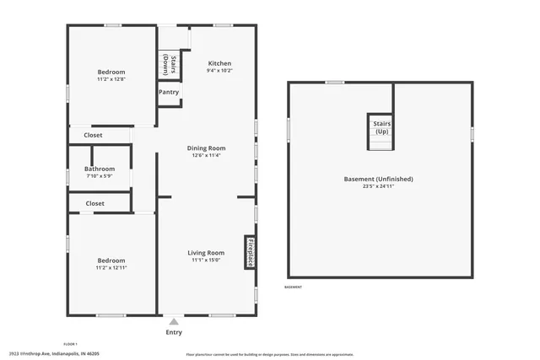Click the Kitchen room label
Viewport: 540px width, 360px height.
click(x=219, y=63)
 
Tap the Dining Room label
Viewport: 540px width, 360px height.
click(x=206, y=148)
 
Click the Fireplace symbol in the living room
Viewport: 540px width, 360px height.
click(x=250, y=251)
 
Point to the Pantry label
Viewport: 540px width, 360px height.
click(x=169, y=92)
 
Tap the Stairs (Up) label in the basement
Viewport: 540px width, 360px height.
click(x=381, y=127)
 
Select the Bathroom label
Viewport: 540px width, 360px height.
click(x=100, y=169)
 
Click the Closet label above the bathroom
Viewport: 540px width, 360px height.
click(x=94, y=135)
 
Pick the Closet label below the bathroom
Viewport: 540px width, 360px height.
click(x=94, y=203)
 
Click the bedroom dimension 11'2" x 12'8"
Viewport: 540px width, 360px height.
click(x=111, y=80)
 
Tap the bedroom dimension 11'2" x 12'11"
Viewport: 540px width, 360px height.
click(x=111, y=268)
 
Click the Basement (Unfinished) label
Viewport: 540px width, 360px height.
click(x=380, y=179)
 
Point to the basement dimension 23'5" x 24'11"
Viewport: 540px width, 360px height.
click(x=380, y=186)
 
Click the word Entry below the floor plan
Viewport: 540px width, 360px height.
click(x=174, y=332)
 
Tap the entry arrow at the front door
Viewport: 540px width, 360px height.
click(x=174, y=320)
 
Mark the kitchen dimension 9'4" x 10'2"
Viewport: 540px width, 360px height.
click(x=219, y=71)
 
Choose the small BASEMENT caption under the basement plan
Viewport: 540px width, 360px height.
click(x=294, y=287)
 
